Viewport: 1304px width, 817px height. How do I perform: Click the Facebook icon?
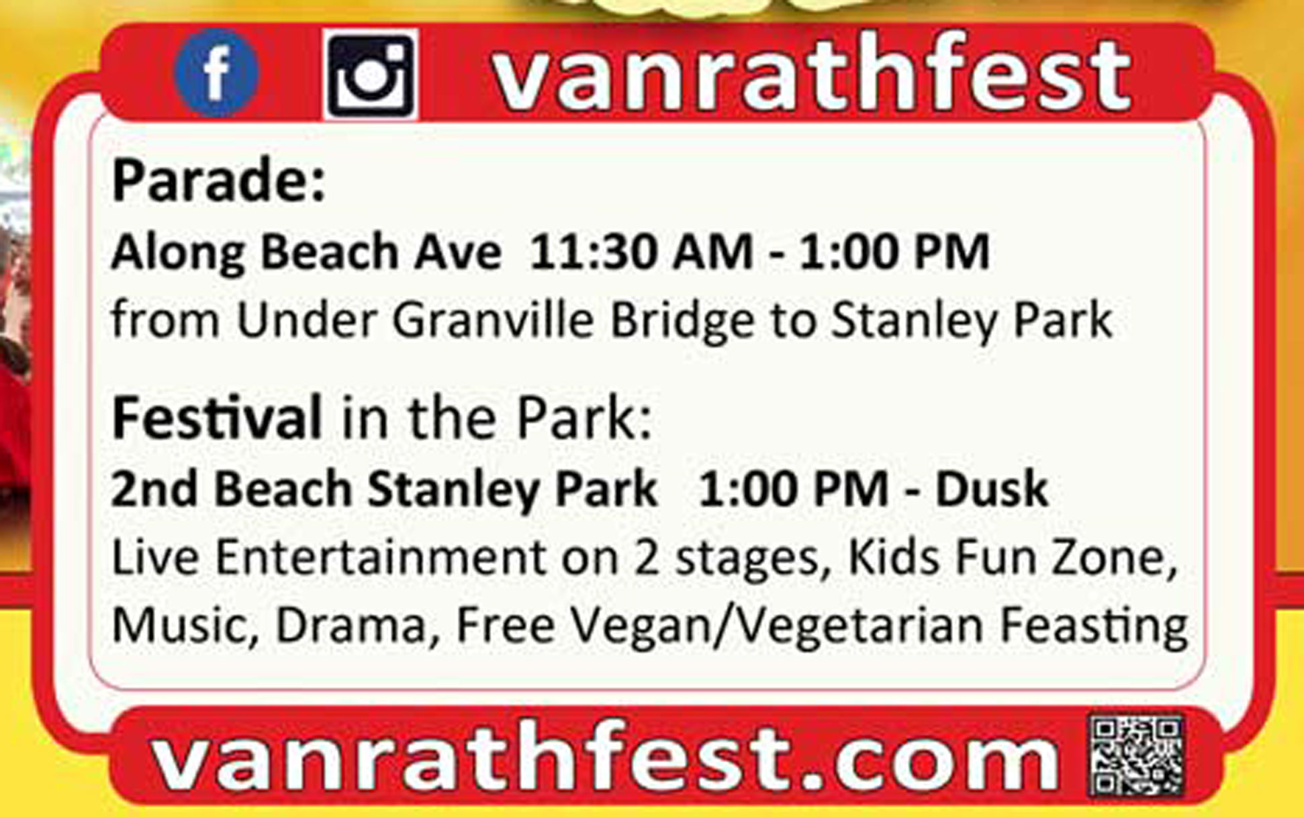216,73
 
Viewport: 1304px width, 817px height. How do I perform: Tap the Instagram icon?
371,75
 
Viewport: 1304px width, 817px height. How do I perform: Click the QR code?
1136,755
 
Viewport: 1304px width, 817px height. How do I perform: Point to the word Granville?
494,320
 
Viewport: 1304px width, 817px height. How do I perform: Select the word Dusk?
992,489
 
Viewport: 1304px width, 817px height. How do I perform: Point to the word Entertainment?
381,559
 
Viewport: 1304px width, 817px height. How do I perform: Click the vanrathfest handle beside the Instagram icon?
811,73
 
